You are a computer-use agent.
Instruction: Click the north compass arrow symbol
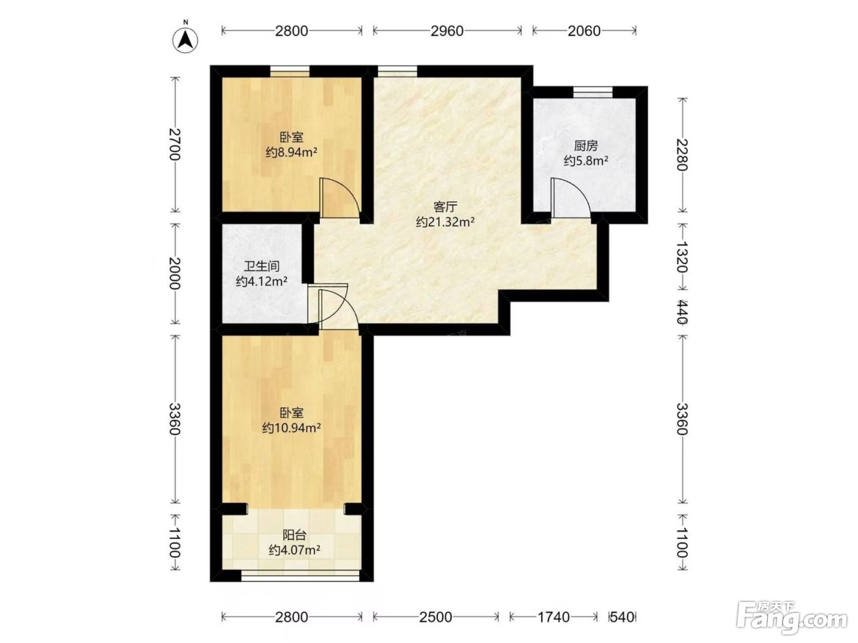[x=185, y=40]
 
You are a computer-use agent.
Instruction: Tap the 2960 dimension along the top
[x=447, y=31]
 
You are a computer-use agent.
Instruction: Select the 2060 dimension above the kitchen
[x=584, y=31]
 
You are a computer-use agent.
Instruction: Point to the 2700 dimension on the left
[x=175, y=144]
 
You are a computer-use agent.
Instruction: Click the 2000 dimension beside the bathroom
[x=175, y=273]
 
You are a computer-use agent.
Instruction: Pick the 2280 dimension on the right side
[x=683, y=154]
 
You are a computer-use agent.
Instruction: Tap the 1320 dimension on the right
[x=683, y=257]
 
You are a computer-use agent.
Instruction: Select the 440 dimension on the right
[x=683, y=312]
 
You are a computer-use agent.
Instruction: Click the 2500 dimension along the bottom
[x=436, y=617]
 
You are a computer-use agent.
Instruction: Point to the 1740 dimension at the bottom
[x=553, y=617]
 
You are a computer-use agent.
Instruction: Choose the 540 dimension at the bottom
[x=622, y=617]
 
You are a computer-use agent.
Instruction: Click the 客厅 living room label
[x=445, y=207]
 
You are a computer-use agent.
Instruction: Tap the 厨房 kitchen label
[x=585, y=146]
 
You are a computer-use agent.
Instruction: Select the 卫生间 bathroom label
[x=262, y=266]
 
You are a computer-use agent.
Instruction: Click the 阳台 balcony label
[x=294, y=535]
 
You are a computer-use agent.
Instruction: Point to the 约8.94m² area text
[x=291, y=152]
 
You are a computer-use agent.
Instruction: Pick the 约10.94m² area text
[x=291, y=428]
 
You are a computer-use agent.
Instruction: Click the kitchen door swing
[x=570, y=198]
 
